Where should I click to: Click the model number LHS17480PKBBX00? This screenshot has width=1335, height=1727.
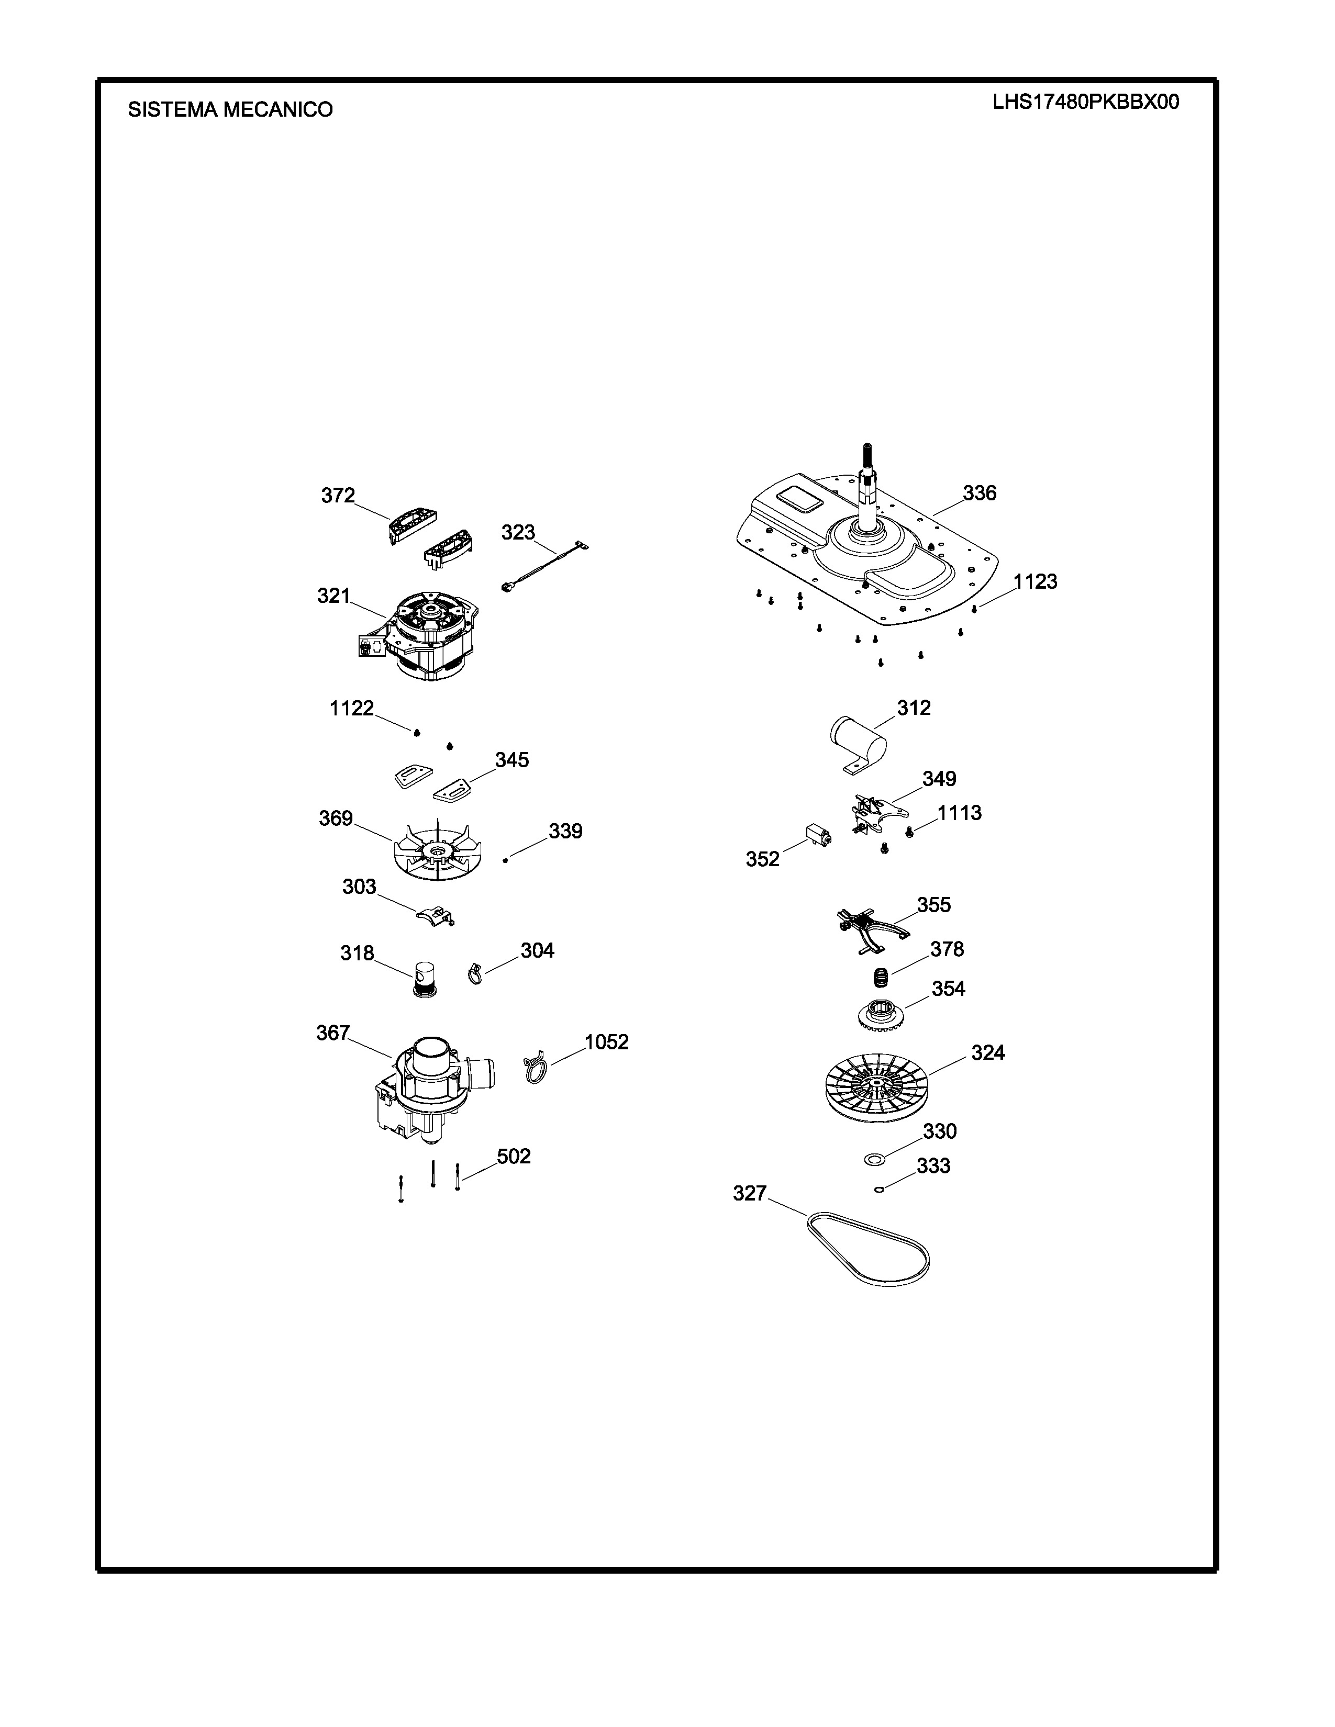[1086, 102]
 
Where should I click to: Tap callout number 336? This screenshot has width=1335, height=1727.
[979, 494]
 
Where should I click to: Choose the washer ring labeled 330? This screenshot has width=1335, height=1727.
[874, 1159]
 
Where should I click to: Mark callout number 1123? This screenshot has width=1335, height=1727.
[1035, 582]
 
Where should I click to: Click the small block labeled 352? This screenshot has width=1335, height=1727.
[818, 835]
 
